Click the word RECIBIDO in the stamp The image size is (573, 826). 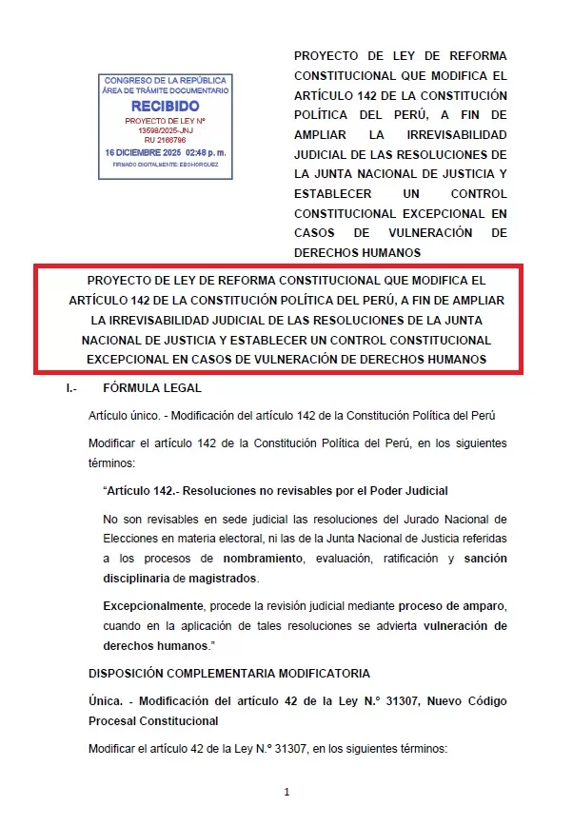[x=165, y=106]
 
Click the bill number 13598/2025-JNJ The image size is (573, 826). [x=166, y=129]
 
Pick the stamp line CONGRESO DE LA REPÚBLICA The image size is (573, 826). [x=166, y=80]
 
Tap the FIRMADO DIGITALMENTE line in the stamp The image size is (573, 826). [x=166, y=164]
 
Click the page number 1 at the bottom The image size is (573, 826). [x=286, y=792]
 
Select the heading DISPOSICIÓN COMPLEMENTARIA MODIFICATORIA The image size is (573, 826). [x=228, y=674]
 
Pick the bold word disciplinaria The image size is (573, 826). [x=135, y=579]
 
